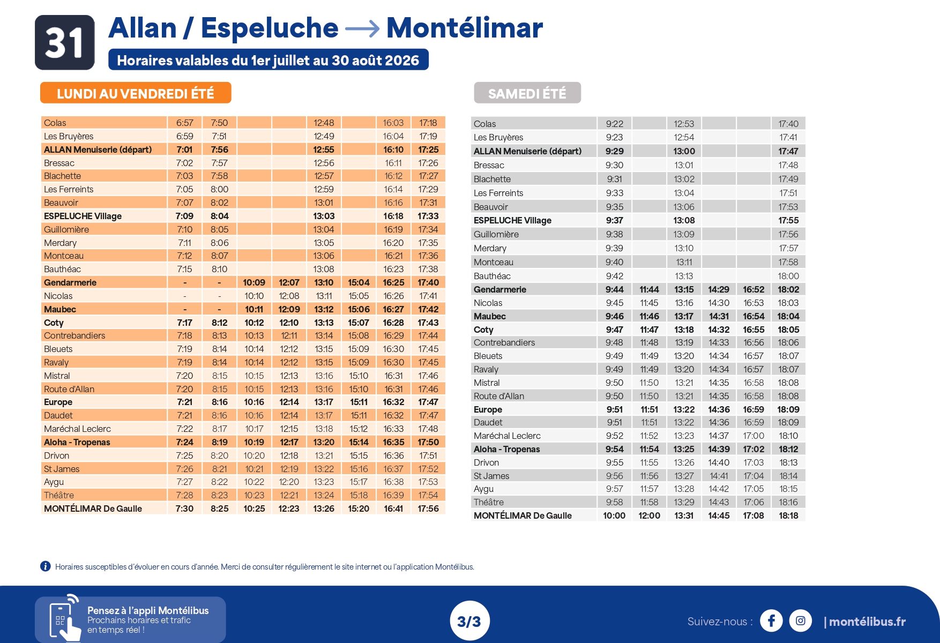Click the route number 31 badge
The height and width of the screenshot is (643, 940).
point(65,42)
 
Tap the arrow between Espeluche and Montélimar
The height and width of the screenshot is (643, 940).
point(362,29)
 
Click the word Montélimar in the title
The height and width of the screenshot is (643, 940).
point(465,28)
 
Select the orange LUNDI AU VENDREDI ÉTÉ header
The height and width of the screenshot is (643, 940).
point(136,93)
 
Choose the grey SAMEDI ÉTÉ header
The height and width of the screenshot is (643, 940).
point(527,93)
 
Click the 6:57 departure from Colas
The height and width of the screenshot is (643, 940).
point(185,123)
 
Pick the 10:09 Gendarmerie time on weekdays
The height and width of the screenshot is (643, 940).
point(254,282)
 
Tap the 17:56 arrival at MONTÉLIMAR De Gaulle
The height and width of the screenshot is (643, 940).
point(428,509)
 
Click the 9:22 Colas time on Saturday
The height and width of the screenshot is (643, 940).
point(615,124)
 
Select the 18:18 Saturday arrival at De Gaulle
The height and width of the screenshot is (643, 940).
point(788,515)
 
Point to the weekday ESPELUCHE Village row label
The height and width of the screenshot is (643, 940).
point(83,216)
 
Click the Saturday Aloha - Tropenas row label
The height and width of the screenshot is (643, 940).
point(506,449)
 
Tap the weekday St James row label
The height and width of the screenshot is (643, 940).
point(62,469)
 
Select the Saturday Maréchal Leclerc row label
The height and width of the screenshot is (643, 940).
point(507,436)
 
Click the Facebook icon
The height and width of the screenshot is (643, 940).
point(771,621)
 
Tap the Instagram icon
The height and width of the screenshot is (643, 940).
point(800,621)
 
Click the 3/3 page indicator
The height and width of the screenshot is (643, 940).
point(469,622)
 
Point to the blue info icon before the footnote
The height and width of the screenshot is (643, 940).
point(46,566)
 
